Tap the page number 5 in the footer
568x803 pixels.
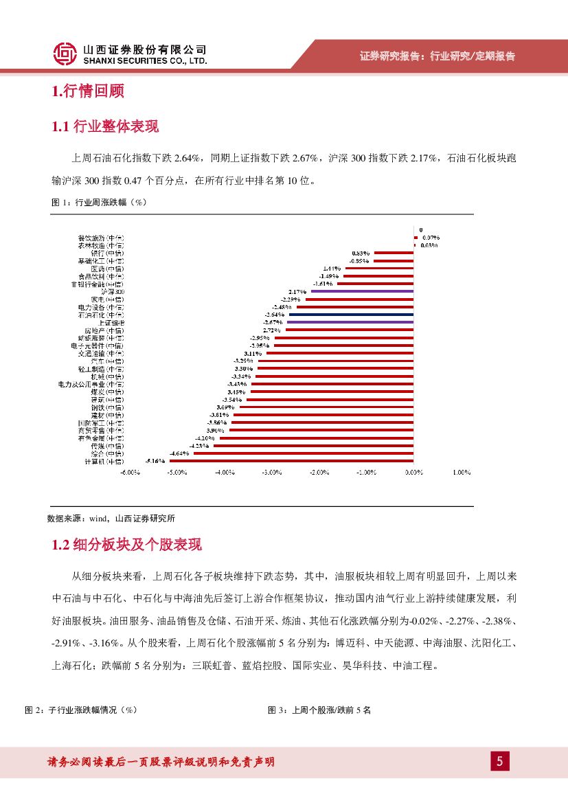coord(500,761)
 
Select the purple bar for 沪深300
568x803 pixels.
coord(363,291)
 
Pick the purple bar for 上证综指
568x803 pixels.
coord(350,322)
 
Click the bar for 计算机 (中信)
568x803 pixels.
coord(291,462)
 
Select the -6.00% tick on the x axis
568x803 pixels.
coord(130,473)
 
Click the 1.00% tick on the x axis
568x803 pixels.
coord(461,473)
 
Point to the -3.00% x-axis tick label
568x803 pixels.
coord(271,473)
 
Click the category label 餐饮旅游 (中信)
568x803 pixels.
coord(101,238)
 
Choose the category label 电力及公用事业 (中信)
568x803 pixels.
coord(91,384)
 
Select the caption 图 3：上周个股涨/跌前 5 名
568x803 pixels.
coord(319,710)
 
